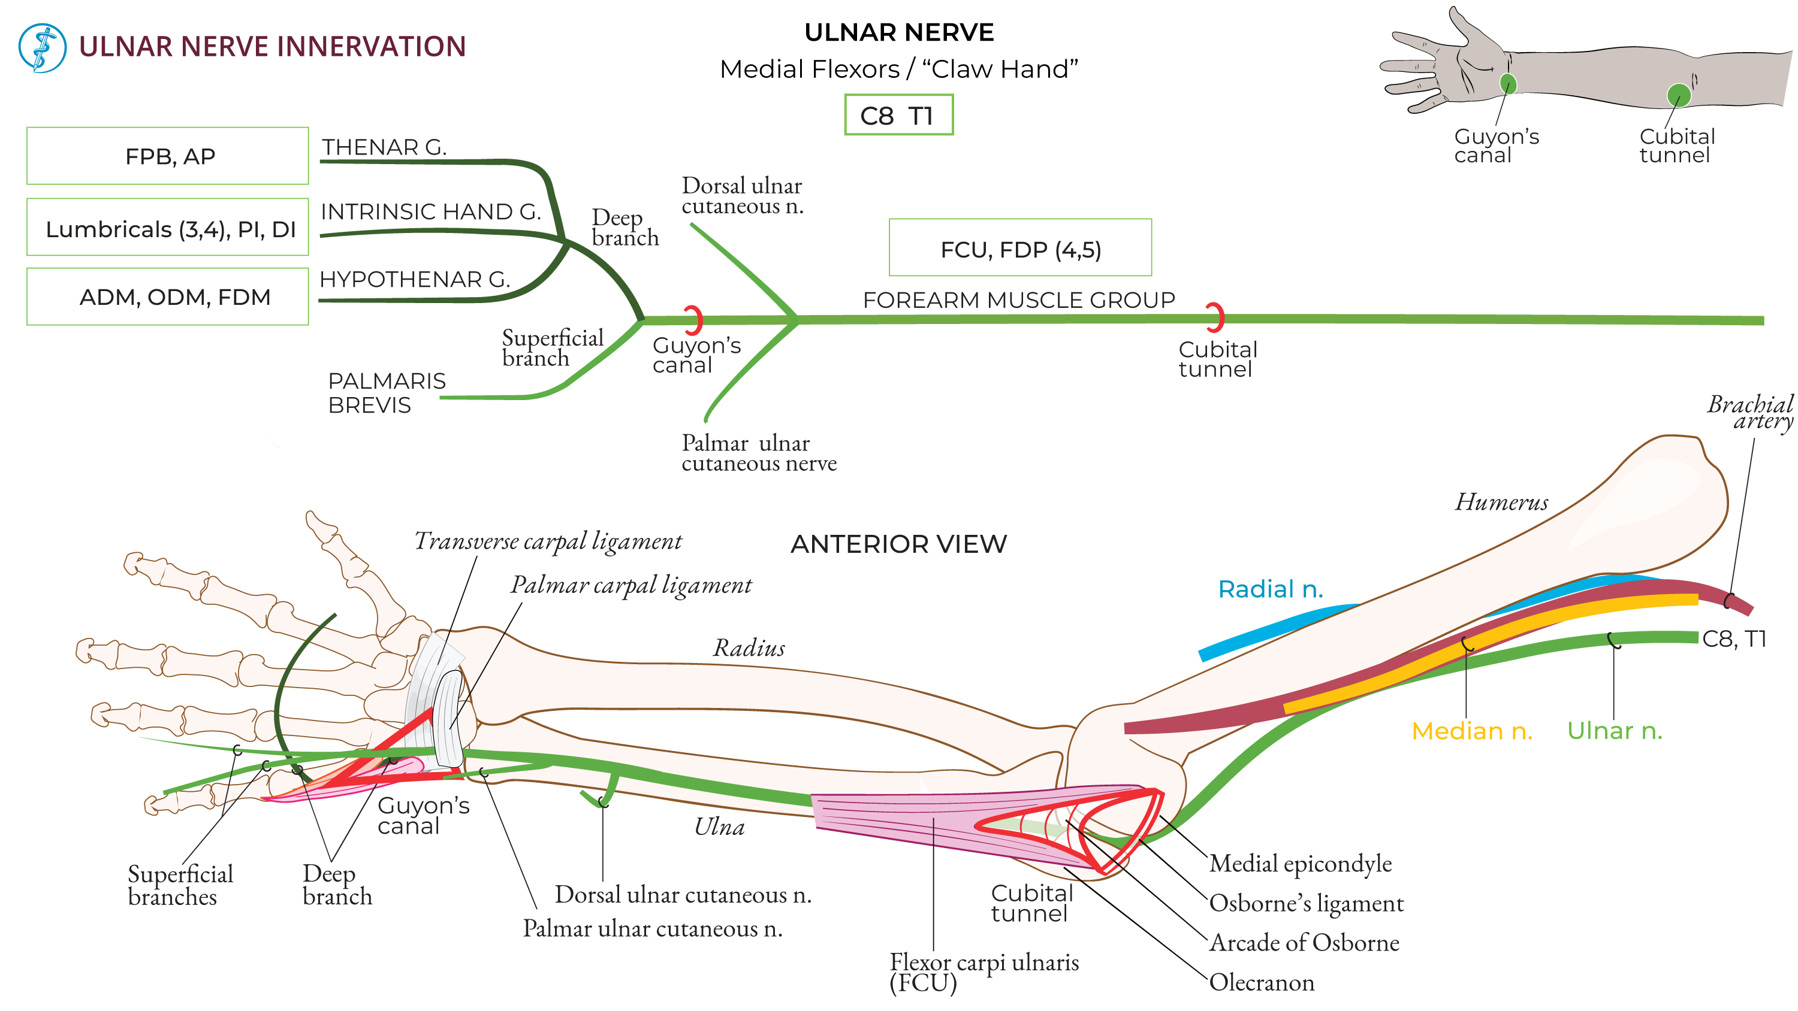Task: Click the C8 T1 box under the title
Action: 898,115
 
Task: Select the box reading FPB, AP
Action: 168,156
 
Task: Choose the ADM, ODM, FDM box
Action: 168,297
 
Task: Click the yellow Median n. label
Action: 1471,731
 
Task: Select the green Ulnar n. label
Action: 1614,731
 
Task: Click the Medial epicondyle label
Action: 1299,864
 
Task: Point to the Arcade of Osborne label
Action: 1303,943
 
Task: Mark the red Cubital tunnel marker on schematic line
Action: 1216,317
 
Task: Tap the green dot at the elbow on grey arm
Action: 1678,95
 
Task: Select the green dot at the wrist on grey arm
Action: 1508,84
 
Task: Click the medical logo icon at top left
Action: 42,48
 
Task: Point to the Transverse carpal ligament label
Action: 548,541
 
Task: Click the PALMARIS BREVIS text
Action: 386,393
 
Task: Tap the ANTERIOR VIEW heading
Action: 898,544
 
